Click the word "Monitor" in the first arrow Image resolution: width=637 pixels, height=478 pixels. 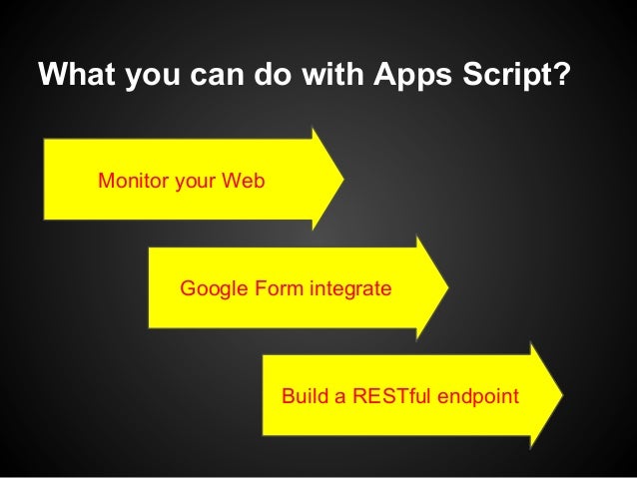[x=132, y=183]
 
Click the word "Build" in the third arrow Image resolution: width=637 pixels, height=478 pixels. [x=305, y=396]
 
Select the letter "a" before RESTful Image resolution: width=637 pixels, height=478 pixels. [x=339, y=396]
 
